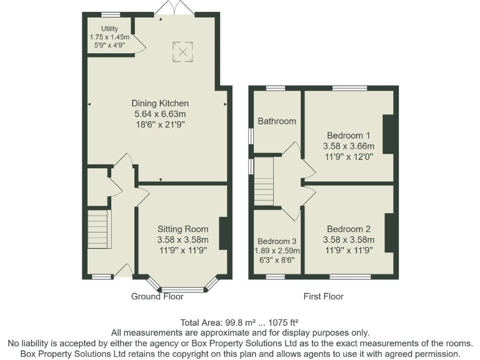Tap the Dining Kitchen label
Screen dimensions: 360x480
click(x=160, y=103)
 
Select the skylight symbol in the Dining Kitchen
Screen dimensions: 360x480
click(x=183, y=52)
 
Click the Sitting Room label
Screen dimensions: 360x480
click(x=182, y=229)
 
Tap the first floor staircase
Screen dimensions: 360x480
click(x=264, y=181)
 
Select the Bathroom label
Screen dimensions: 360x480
click(x=276, y=121)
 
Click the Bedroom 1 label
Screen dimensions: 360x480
click(x=349, y=135)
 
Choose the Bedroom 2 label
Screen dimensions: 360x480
click(x=349, y=229)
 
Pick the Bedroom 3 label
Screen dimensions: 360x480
click(x=277, y=241)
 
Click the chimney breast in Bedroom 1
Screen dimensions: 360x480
click(x=388, y=134)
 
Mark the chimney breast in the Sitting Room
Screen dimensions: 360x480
click(x=223, y=232)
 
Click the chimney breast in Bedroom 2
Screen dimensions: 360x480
click(x=389, y=232)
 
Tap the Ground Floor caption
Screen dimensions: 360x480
click(x=157, y=296)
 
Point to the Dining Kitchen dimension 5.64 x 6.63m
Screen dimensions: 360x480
click(x=160, y=114)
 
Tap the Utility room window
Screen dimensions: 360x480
click(x=111, y=14)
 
